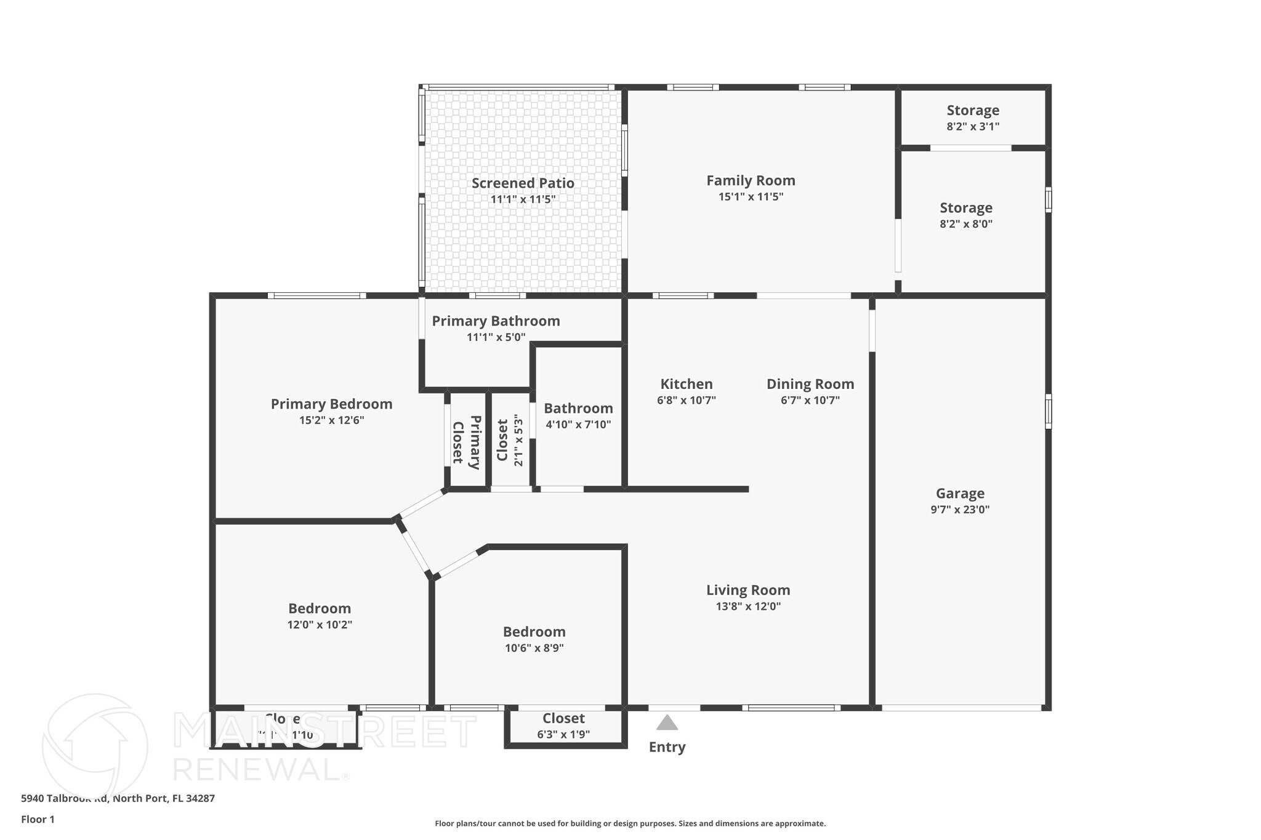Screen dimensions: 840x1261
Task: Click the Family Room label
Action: click(x=751, y=180)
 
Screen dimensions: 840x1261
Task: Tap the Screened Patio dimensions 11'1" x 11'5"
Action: click(x=523, y=199)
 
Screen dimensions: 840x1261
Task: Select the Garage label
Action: click(x=960, y=493)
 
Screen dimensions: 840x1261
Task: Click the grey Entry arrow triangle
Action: click(x=667, y=723)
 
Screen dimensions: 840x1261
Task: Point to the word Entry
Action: click(x=667, y=747)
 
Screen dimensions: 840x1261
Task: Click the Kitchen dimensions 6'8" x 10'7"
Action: click(x=686, y=401)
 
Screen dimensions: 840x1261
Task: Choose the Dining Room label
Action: click(x=810, y=384)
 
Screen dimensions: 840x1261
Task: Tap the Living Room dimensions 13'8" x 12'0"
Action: click(x=748, y=606)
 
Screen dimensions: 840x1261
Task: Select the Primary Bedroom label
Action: click(x=331, y=404)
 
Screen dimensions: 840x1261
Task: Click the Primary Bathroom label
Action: click(x=496, y=321)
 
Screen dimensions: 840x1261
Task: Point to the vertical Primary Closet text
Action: click(x=466, y=442)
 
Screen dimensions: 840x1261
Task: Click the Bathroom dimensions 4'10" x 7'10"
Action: click(x=578, y=425)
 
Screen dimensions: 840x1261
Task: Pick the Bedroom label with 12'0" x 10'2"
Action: click(x=320, y=608)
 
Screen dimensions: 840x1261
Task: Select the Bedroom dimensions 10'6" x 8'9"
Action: click(x=534, y=648)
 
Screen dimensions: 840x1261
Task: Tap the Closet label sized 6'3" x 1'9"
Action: click(x=563, y=718)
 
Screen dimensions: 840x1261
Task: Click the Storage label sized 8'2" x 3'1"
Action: click(x=973, y=110)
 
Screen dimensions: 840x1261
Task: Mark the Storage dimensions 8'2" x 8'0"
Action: click(x=966, y=224)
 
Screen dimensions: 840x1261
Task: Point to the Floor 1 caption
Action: click(x=38, y=819)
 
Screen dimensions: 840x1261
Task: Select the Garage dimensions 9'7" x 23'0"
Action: click(x=960, y=510)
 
